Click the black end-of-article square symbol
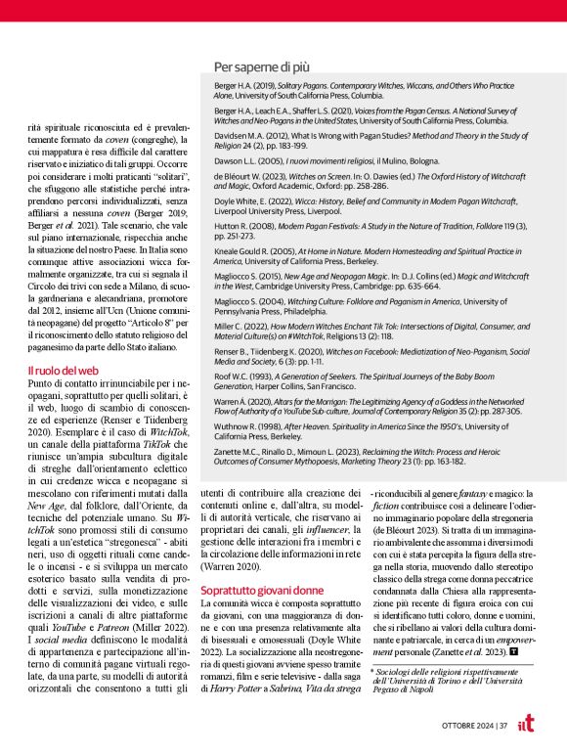click(x=513, y=649)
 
